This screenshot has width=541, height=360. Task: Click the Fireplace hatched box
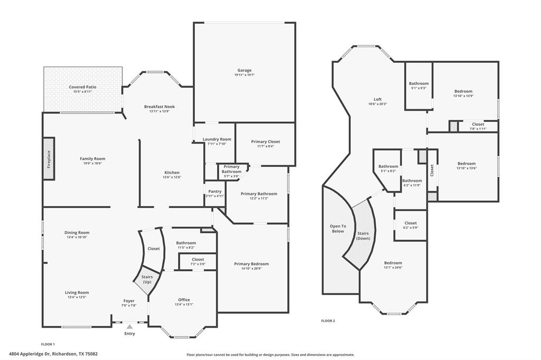(49, 158)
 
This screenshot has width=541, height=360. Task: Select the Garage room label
(244, 70)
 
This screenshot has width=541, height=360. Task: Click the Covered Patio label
(82, 87)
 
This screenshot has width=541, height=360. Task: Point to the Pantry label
(215, 192)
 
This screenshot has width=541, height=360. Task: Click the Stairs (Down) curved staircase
(361, 235)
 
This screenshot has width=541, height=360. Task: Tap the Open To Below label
(338, 229)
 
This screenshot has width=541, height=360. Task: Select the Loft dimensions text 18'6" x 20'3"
(377, 104)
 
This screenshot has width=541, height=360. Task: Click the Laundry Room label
(217, 139)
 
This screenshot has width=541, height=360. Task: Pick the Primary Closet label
(265, 141)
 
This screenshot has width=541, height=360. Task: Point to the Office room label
(184, 300)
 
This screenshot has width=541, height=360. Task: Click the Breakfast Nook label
(160, 107)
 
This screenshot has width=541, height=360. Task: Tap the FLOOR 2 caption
(328, 321)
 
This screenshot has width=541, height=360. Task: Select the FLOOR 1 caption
(48, 344)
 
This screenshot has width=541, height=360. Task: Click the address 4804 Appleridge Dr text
(30, 354)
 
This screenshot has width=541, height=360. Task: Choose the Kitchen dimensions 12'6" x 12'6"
(172, 177)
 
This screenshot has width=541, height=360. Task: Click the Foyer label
(129, 301)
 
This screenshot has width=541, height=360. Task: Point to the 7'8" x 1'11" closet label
(478, 129)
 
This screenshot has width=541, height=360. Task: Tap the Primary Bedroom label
(251, 264)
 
